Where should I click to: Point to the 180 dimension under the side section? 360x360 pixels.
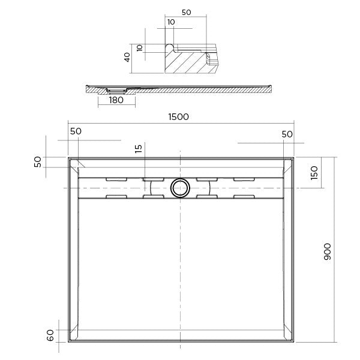116,100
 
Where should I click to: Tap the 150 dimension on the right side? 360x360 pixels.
314,173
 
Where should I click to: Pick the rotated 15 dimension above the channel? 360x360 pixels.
139,149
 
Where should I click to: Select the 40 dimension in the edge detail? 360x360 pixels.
127,58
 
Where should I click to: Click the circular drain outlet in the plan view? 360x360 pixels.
179,188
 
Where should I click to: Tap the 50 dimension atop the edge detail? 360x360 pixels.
186,12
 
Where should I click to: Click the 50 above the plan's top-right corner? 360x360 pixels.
287,134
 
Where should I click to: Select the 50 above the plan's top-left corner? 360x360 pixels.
76,131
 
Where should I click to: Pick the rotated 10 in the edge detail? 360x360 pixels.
140,48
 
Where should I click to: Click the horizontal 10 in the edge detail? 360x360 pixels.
172,22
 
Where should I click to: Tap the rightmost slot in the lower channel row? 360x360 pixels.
244,197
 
